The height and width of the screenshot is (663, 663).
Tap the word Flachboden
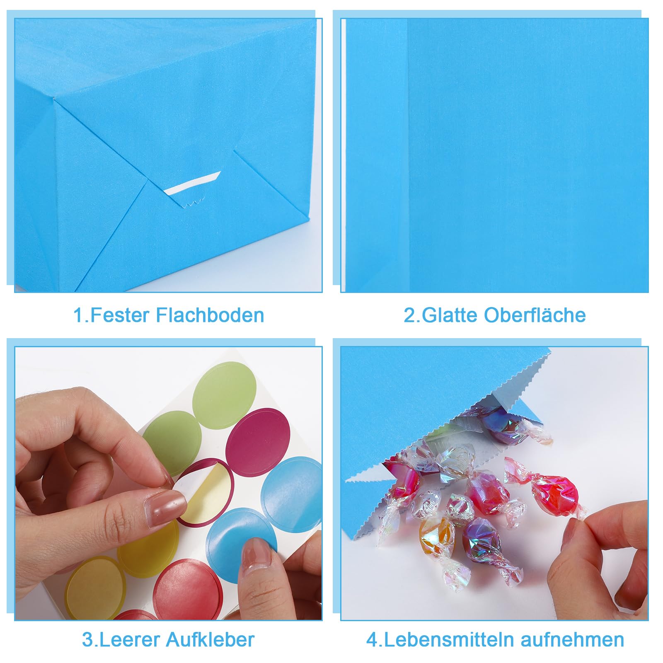coord(210,315)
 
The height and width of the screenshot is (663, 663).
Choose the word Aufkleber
coord(210,640)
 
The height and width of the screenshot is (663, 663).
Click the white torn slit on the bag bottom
coord(192,184)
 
